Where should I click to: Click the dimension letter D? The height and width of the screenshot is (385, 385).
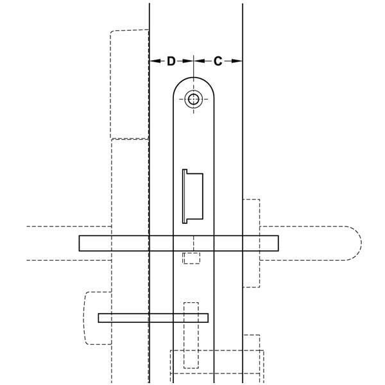click(171, 61)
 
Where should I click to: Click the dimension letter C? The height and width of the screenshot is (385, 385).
click(218, 61)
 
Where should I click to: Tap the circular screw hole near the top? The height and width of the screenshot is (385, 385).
click(193, 99)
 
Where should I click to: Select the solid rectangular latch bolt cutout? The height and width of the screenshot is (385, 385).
click(193, 197)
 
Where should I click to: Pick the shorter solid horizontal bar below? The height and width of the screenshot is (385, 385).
click(154, 318)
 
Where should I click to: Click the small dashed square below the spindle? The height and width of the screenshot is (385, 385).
click(191, 258)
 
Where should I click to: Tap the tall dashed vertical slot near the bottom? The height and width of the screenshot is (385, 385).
click(191, 334)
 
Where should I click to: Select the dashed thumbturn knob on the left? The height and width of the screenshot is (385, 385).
click(92, 317)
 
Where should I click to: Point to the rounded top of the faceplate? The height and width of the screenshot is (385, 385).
click(193, 80)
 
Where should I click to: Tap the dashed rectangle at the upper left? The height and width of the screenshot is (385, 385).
click(130, 83)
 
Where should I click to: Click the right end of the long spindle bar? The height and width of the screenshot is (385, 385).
click(277, 243)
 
